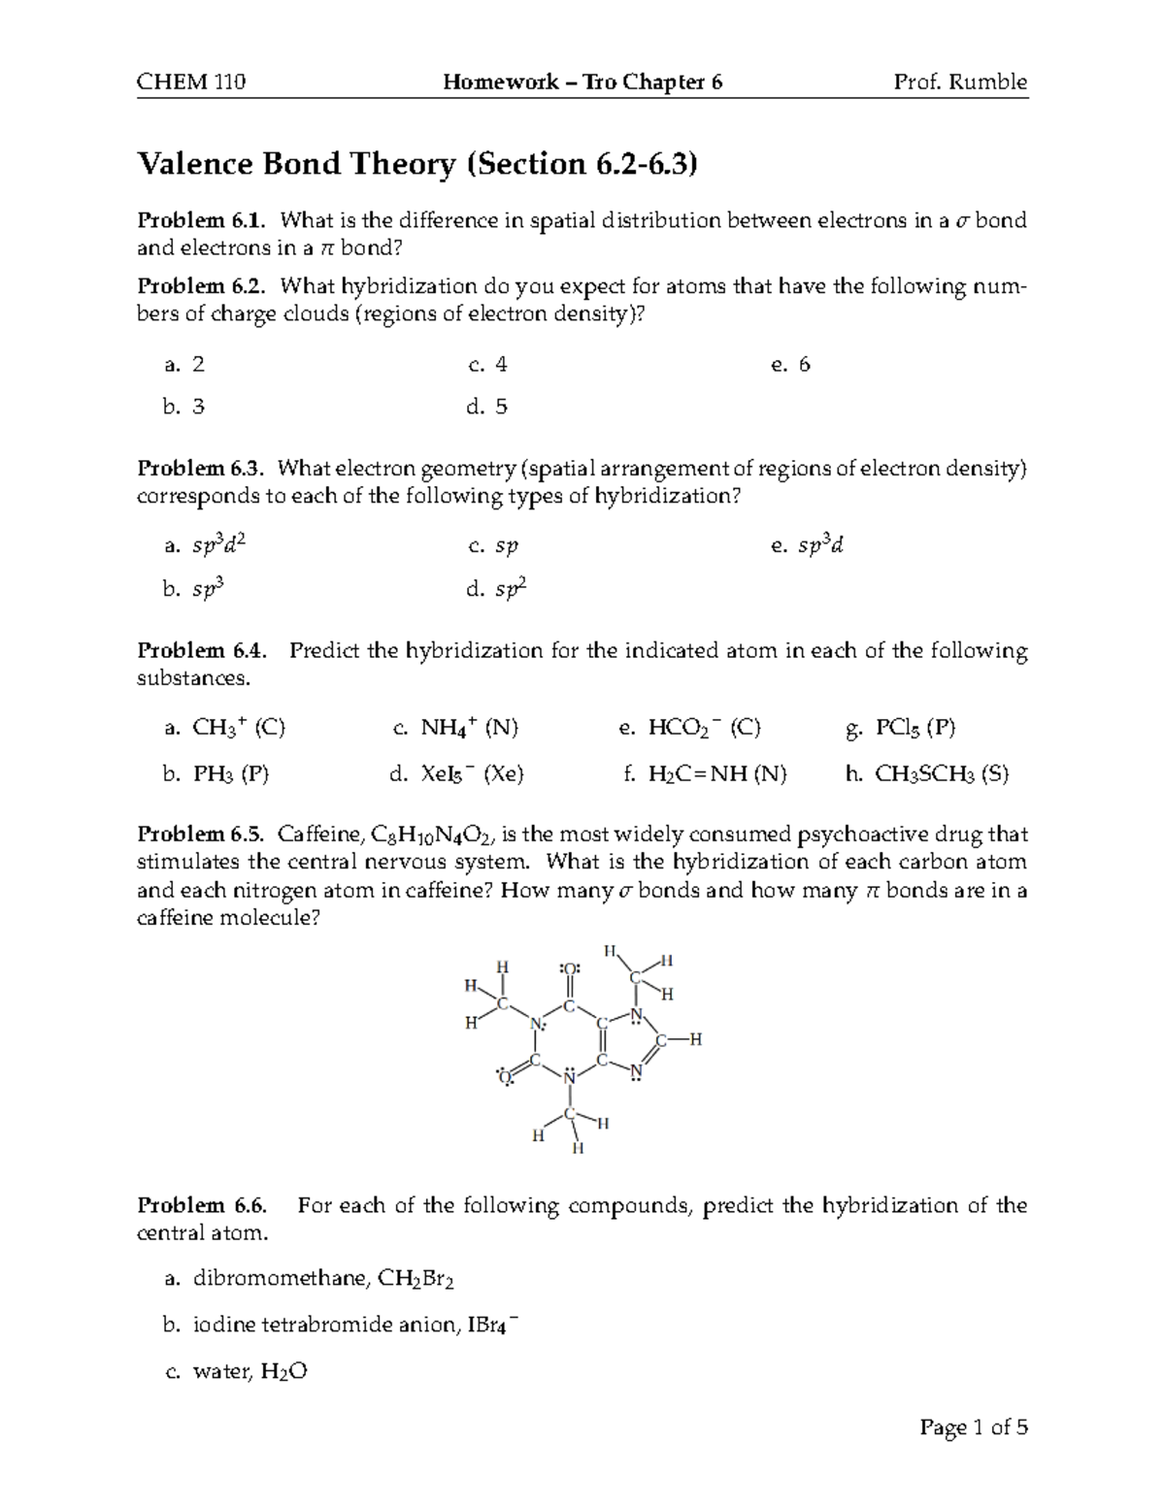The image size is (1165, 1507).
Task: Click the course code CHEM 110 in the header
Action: tap(191, 82)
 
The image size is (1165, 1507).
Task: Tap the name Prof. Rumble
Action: tap(960, 82)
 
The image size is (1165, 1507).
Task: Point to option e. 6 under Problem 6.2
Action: tap(790, 365)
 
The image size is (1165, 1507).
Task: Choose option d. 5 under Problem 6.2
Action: tap(487, 407)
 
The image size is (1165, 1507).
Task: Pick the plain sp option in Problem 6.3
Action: tap(506, 546)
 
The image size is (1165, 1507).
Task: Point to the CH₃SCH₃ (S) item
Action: tap(941, 774)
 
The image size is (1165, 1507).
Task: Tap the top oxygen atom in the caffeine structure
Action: tap(570, 967)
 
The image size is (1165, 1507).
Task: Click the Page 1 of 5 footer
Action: tap(973, 1427)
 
